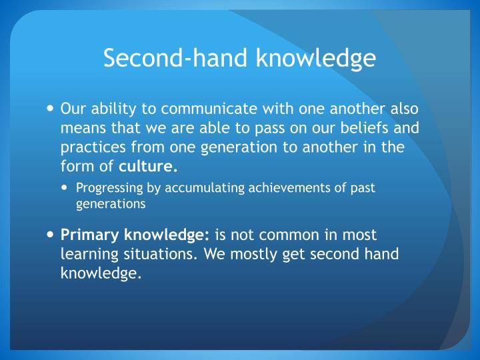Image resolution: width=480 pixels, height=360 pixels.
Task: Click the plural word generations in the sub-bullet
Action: pos(111,205)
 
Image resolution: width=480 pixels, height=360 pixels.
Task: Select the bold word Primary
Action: pos(87,235)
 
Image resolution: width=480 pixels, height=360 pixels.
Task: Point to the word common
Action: pos(287,235)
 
